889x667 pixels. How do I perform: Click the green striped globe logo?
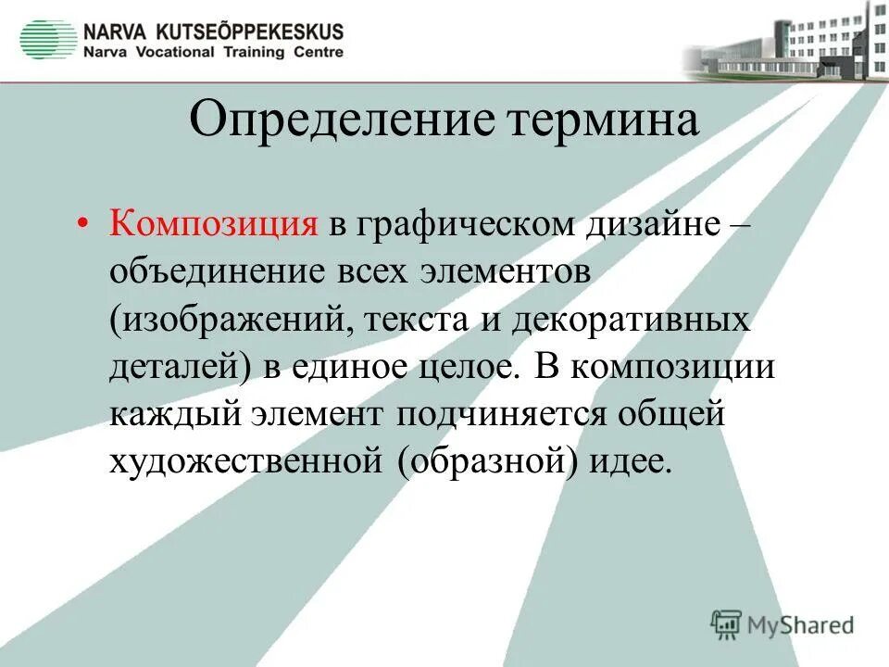pyautogui.click(x=48, y=40)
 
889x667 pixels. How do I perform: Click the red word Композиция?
pyautogui.click(x=215, y=225)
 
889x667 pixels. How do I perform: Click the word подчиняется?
pyautogui.click(x=506, y=414)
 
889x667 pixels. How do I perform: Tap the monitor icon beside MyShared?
pyautogui.click(x=727, y=623)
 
